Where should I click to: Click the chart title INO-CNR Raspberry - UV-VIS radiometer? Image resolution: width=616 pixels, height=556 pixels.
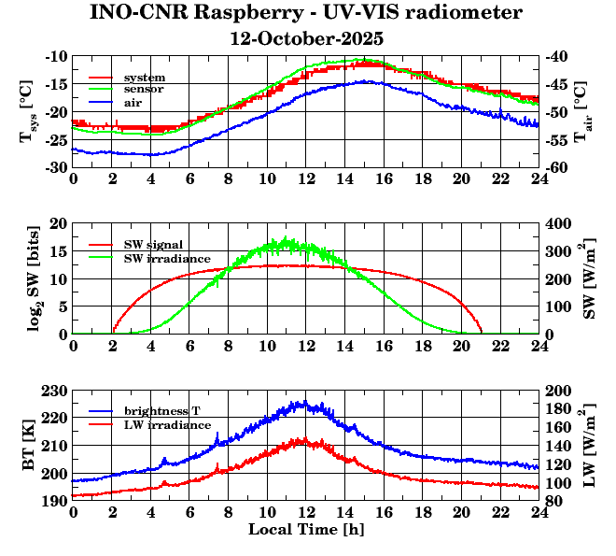tap(306, 13)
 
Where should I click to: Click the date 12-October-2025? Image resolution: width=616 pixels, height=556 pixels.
tap(307, 38)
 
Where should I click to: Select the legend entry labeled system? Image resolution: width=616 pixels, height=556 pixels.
tap(144, 77)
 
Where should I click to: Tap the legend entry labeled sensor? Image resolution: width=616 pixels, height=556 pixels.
tap(144, 88)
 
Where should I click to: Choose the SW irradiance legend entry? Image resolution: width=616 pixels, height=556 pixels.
tap(166, 257)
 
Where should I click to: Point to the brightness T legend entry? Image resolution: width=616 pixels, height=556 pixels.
tap(161, 411)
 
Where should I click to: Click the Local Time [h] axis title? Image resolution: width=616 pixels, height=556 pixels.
tap(306, 530)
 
